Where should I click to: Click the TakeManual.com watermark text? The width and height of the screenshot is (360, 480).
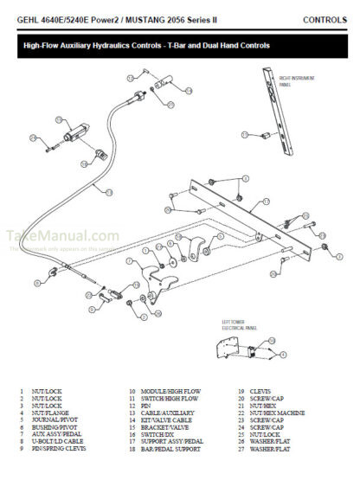coord(62,236)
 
